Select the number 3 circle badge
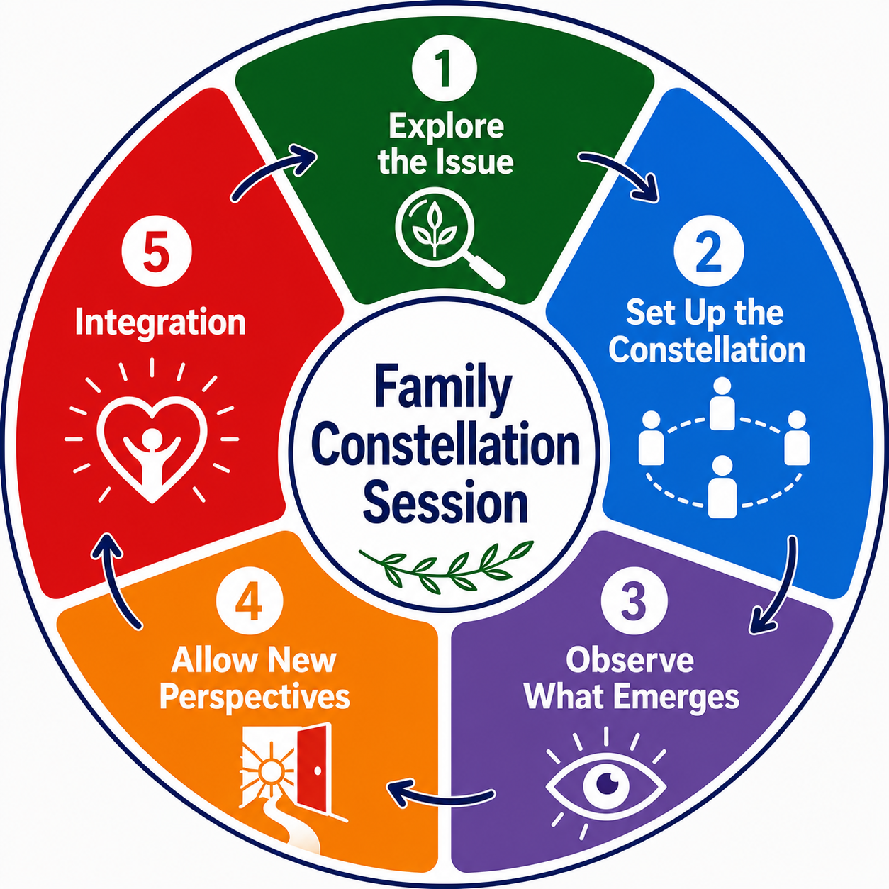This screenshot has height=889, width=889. [x=634, y=601]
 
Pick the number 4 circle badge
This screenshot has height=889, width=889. [x=250, y=602]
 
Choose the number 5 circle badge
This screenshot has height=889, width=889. [x=157, y=255]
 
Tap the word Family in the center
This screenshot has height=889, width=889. [x=444, y=391]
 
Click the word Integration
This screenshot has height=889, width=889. [x=160, y=324]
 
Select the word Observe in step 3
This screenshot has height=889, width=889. [x=630, y=660]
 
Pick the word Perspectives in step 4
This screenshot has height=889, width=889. [x=255, y=698]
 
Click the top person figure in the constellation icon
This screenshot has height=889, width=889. [x=722, y=403]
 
